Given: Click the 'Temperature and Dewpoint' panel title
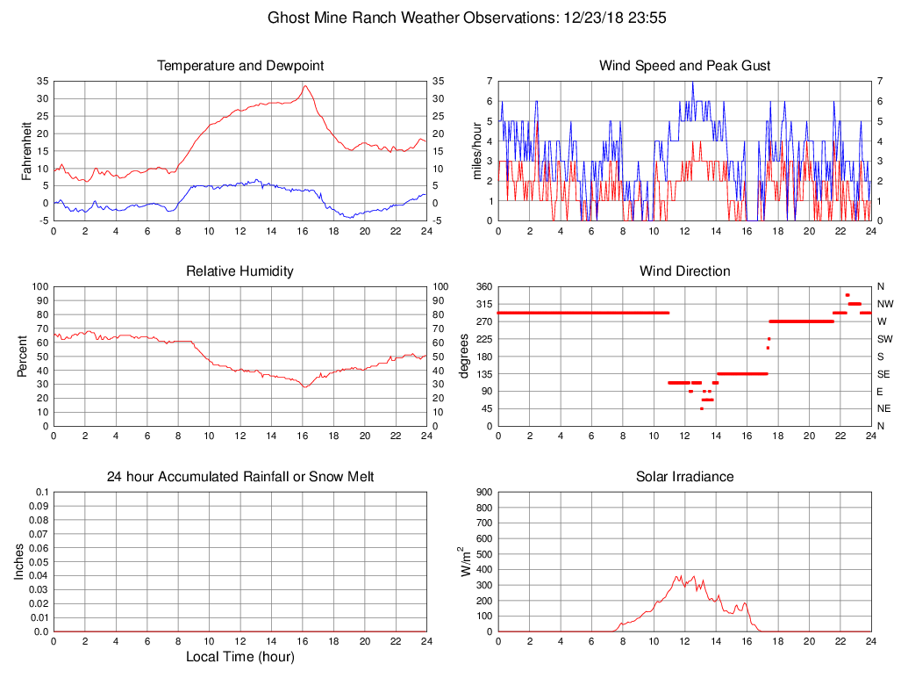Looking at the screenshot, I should [240, 66].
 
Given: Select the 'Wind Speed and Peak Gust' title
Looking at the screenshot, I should [684, 66].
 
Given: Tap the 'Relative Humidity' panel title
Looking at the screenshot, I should [240, 271].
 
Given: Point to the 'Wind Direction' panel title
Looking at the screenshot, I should [684, 271].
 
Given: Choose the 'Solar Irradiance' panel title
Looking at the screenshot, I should [684, 477].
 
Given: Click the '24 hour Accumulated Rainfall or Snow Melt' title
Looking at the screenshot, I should [240, 477].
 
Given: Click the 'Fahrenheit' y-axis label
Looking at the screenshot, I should [27, 150].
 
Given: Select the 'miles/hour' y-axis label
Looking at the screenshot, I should [479, 151].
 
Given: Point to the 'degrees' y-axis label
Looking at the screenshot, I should [464, 357].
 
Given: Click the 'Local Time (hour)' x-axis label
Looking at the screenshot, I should [240, 657].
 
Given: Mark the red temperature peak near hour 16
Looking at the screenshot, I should [304, 85].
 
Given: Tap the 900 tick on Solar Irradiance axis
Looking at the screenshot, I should [483, 493].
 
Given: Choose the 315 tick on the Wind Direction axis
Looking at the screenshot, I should [483, 304].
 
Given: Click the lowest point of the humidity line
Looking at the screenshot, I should [304, 386].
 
